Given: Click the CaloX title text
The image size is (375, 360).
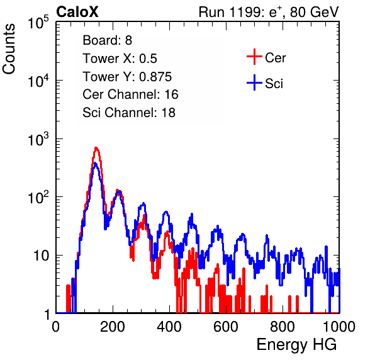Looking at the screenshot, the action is pos(77,12).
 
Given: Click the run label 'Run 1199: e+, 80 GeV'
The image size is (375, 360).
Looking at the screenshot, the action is pos(269,12).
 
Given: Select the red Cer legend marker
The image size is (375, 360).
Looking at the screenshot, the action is pos(254,57).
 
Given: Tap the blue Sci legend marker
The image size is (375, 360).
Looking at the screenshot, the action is pos(254,83).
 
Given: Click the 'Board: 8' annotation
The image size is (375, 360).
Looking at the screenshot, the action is pos(107,40).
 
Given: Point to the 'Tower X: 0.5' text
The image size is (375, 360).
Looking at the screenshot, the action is pos(120,59).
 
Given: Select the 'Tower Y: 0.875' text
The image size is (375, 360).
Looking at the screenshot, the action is pos(127,77).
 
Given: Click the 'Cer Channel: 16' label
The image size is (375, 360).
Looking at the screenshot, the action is pos(130,94).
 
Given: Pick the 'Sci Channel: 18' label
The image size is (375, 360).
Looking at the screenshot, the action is pos(129,113).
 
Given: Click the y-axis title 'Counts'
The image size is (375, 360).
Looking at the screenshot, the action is pos(9,48).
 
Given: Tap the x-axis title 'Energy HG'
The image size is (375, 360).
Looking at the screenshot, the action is pos(296,345).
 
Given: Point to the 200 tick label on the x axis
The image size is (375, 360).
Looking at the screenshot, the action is pos(113,327).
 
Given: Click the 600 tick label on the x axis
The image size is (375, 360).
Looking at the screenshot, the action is pos(226,327).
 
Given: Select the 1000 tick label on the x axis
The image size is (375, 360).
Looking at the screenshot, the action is pos(339,327).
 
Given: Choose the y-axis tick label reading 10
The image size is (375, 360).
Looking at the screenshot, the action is pos(42,256).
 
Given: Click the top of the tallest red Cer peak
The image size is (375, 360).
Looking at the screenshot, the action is pos(96,148).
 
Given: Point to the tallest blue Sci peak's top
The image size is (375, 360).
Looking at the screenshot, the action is pos(95,164).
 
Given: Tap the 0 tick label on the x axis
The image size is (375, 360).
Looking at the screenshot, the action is pos(56,327).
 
